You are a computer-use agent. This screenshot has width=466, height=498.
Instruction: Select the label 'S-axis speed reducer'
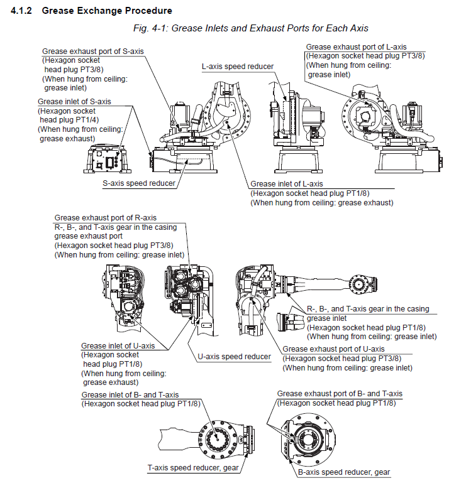point(139,183)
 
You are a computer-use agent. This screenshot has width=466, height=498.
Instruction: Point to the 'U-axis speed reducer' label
point(234,356)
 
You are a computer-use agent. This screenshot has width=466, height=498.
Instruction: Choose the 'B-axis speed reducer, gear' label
point(344,472)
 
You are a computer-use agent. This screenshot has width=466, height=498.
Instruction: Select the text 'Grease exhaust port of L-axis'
point(356,46)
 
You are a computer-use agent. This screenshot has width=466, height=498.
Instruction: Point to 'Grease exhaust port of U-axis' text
point(333,349)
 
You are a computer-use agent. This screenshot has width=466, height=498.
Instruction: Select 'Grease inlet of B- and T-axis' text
point(130,394)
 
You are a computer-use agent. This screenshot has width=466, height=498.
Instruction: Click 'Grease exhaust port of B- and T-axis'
point(340,393)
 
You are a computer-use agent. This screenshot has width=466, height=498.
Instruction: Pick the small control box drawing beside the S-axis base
point(106,159)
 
